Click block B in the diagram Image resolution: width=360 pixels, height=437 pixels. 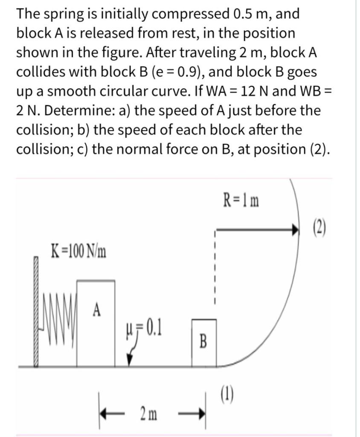click(203, 342)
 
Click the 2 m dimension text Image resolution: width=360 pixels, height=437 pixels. click(148, 414)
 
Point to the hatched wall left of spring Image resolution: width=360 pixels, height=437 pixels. click(36, 312)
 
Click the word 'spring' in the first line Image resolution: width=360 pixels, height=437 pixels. click(63, 14)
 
